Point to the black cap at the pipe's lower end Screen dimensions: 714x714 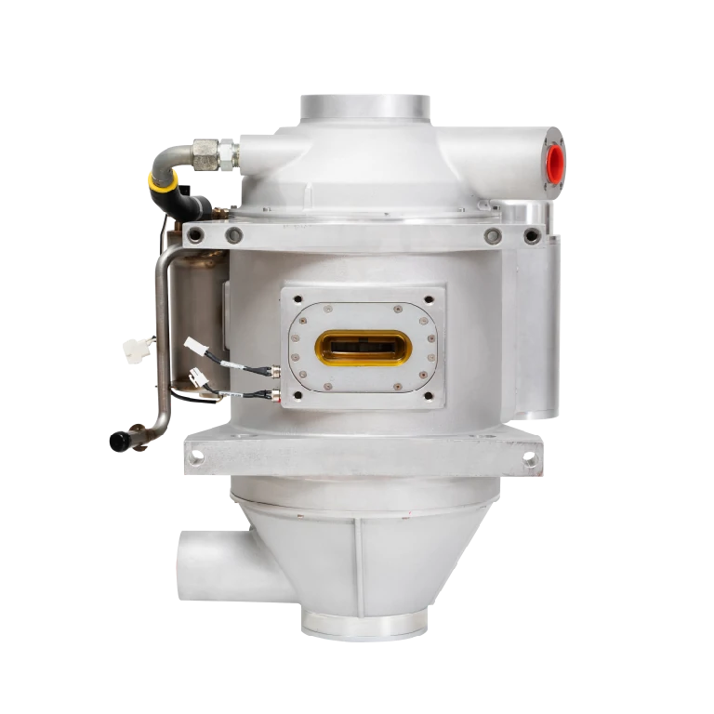[x=120, y=438]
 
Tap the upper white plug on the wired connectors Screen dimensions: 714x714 [x=198, y=345]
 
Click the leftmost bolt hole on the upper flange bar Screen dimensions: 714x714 [x=194, y=235]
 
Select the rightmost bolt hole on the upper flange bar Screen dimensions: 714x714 [x=531, y=236]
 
